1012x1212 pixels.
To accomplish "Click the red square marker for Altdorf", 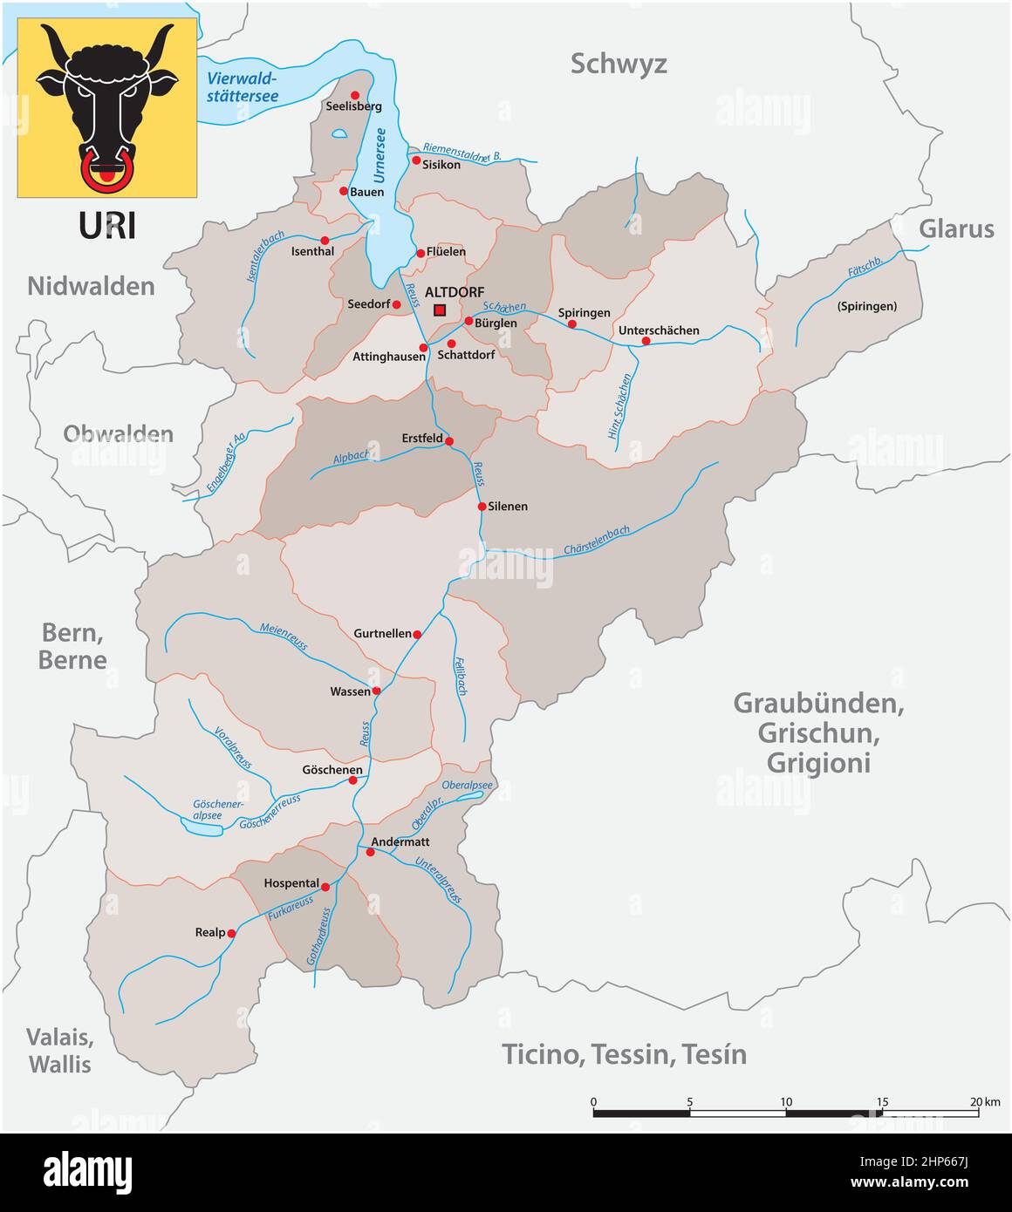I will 440,310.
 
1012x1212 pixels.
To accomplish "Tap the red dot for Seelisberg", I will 355,95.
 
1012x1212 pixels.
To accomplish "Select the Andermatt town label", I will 400,842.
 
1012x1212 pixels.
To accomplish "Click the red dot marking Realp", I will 231,933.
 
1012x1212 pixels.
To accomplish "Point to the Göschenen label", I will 332,770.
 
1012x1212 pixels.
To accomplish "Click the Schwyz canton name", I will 619,64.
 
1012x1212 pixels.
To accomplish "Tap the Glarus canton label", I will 956,228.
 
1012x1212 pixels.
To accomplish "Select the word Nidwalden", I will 91,286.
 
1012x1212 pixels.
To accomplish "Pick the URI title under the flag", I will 107,226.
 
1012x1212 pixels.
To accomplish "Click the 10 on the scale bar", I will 786,1102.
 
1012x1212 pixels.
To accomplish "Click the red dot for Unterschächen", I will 646,341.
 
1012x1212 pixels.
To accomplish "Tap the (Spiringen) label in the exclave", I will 866,306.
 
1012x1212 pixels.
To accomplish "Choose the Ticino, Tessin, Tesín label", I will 624,1054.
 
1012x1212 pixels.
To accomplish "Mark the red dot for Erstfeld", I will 449,441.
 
